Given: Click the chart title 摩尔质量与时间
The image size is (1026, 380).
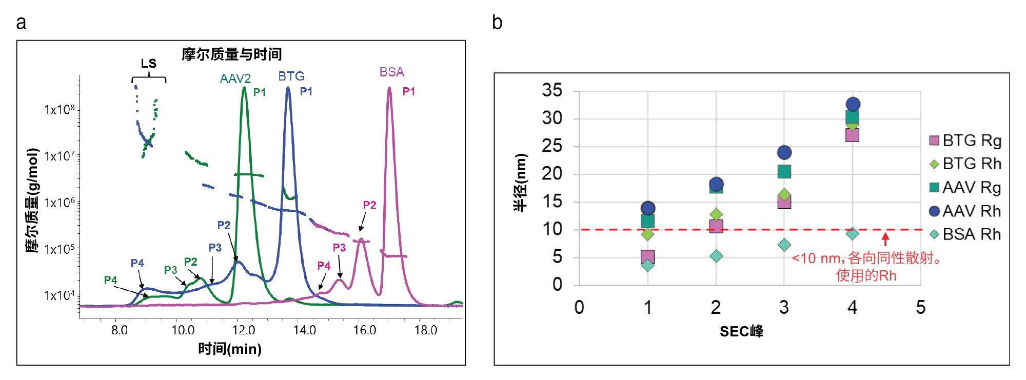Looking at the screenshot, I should click(231, 54).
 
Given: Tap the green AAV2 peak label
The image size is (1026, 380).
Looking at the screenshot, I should click(235, 78).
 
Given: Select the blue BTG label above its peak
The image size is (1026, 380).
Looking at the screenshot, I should click(291, 76).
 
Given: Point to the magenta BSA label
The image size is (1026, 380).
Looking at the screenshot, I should click(391, 72).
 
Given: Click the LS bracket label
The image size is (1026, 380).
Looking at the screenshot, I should click(149, 64).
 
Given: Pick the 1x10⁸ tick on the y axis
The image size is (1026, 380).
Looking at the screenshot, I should click(60, 109).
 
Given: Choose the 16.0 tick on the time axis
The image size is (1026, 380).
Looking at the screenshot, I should click(365, 330).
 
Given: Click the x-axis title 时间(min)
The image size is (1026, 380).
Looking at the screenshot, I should click(230, 349).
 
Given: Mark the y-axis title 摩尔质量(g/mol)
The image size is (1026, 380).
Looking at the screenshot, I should click(32, 200).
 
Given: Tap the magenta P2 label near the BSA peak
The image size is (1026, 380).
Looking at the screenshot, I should click(369, 205).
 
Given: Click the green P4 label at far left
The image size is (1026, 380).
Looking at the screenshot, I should click(110, 280).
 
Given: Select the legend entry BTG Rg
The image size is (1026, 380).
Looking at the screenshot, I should click(965, 141).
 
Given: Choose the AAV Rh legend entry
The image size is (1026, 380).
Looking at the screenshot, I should click(965, 211).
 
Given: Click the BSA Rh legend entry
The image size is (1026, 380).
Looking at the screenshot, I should click(965, 234).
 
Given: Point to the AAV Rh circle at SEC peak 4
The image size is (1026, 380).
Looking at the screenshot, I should click(853, 104).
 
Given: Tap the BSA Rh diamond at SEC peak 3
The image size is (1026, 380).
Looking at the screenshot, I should click(784, 245).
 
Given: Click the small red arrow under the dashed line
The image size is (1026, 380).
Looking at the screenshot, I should click(885, 239).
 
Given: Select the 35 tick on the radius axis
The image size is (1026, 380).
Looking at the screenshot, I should click(552, 90).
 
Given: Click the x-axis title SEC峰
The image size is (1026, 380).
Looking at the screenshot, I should click(741, 332).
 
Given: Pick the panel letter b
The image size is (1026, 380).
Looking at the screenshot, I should click(497, 23).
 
